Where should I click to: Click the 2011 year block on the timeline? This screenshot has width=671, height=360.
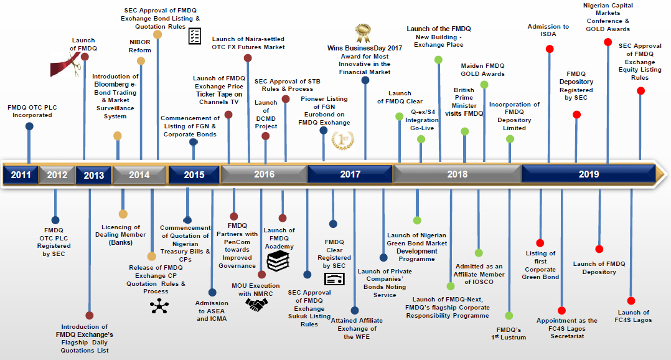coord(20,175)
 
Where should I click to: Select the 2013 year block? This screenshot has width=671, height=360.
coord(93,175)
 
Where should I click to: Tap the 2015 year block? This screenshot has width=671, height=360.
coord(194,175)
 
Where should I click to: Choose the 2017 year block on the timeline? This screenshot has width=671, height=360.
coord(350,175)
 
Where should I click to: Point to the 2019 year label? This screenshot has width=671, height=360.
coord(588,175)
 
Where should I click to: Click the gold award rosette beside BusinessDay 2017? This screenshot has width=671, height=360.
coord(362,32)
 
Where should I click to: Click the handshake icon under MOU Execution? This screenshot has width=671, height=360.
coord(256,305)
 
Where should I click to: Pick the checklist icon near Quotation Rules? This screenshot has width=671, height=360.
coord(194,36)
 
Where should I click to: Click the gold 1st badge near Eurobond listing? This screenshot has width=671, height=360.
coord(343,140)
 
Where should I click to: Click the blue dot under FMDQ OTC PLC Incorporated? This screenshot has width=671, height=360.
coord(29,126)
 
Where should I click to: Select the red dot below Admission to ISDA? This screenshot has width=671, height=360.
coord(550,49)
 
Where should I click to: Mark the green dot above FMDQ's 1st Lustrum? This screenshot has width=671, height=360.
coord(509,316)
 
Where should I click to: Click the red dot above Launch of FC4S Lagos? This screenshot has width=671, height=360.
coord(631,301)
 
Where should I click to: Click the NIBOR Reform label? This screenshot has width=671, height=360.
coord(140,46)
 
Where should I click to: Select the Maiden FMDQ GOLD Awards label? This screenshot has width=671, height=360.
coord(482,70)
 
